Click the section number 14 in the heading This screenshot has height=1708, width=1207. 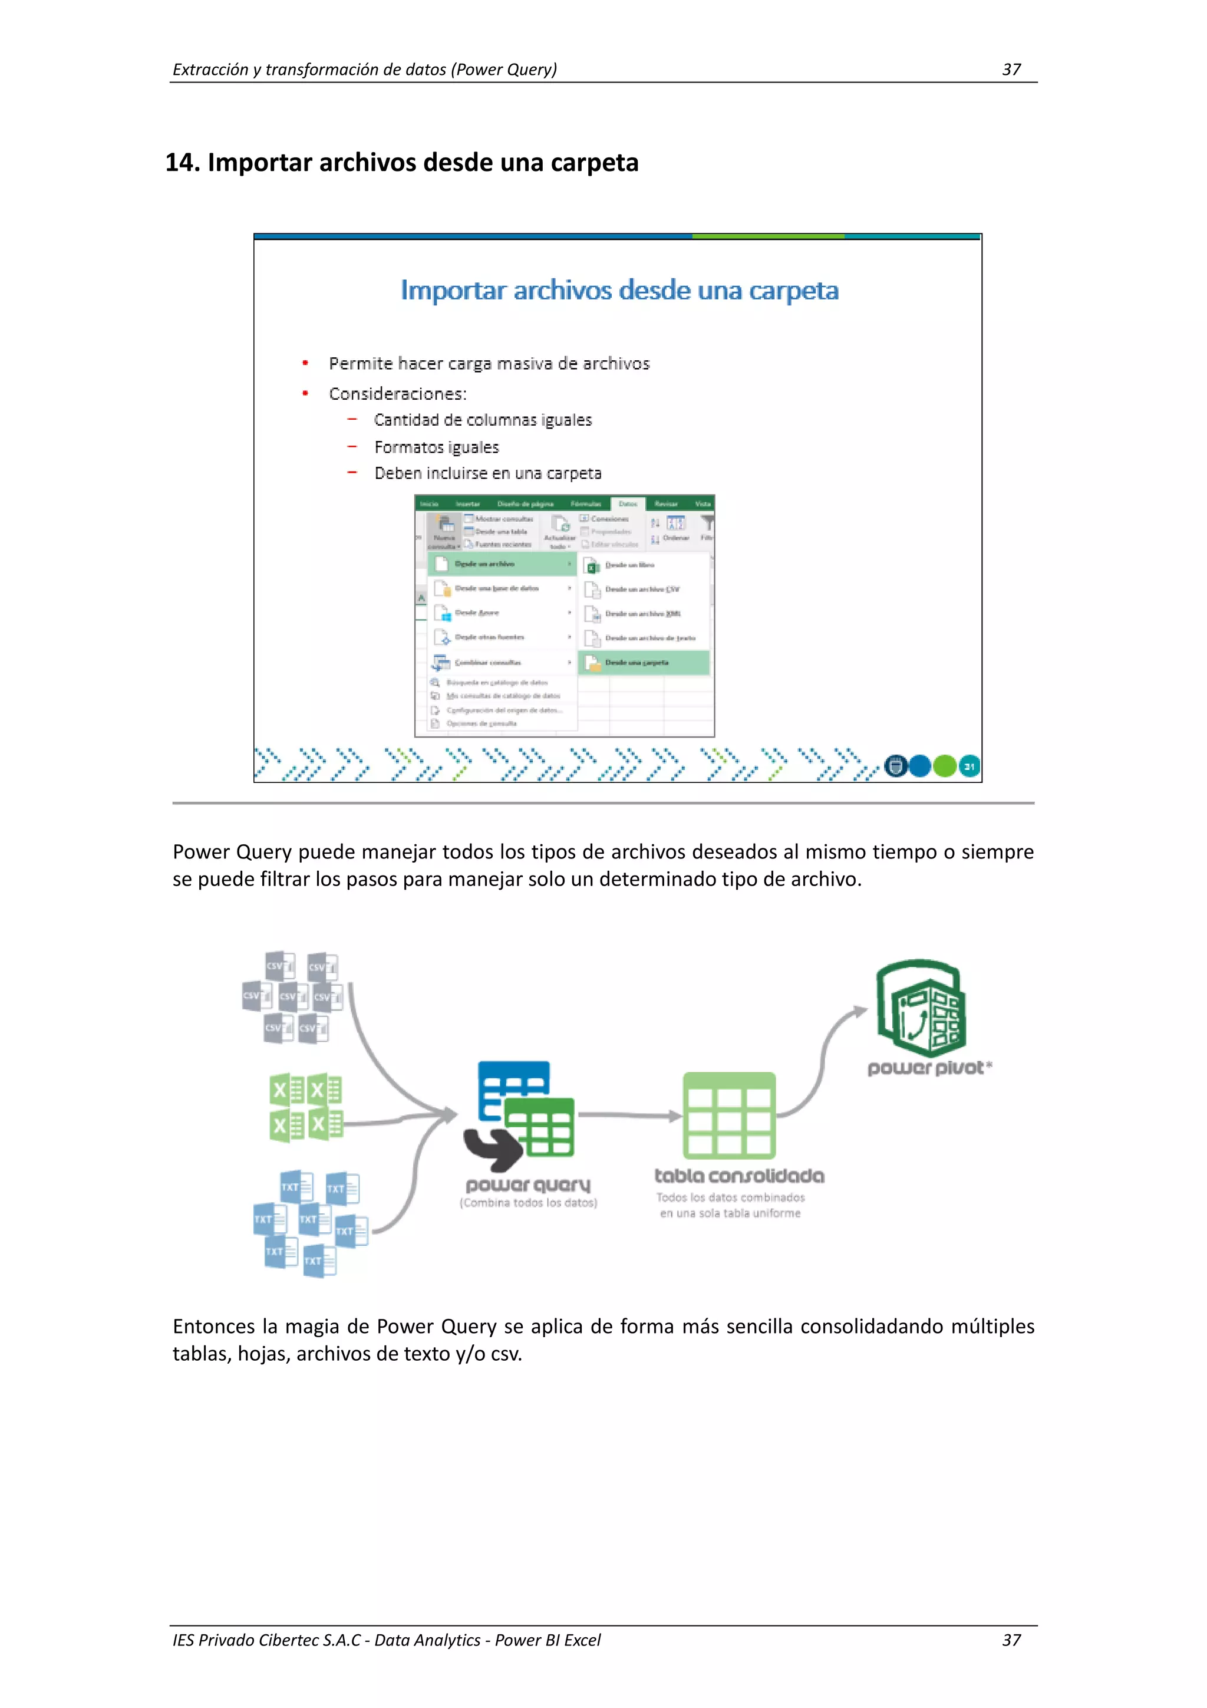click(181, 162)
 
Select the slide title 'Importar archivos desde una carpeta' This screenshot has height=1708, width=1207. click(619, 290)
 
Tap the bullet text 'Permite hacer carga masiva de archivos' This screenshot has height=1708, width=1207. click(489, 364)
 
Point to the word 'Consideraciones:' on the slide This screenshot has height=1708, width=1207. click(398, 393)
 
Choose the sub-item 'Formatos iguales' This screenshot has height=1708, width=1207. click(437, 447)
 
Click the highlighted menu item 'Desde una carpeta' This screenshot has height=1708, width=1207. click(637, 662)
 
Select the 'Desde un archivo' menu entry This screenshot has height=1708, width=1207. click(485, 564)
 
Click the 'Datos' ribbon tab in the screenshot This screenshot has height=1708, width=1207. click(628, 503)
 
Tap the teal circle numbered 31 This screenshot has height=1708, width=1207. click(969, 766)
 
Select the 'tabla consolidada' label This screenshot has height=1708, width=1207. click(738, 1176)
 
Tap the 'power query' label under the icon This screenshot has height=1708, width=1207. click(527, 1184)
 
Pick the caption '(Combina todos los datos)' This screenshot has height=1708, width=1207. click(528, 1203)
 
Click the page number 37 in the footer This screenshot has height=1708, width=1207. click(1011, 1640)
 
